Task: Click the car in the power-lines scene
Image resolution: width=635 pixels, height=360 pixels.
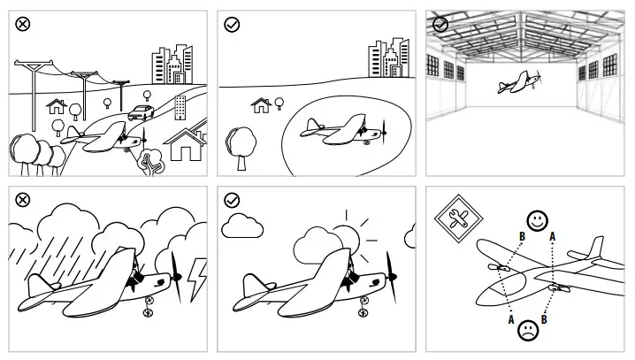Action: click(140, 112)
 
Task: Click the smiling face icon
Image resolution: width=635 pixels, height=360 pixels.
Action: click(535, 218)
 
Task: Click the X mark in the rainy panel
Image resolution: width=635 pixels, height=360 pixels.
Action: click(23, 201)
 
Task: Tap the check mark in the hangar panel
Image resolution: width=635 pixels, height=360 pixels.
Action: click(440, 25)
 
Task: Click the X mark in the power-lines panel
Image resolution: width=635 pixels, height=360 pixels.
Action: click(23, 25)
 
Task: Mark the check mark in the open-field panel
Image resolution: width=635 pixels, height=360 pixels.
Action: click(232, 25)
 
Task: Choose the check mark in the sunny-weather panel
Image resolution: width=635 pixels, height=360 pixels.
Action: click(232, 201)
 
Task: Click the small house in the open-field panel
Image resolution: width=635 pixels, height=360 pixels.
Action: click(261, 105)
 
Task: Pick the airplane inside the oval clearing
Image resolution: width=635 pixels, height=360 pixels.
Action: click(345, 129)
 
